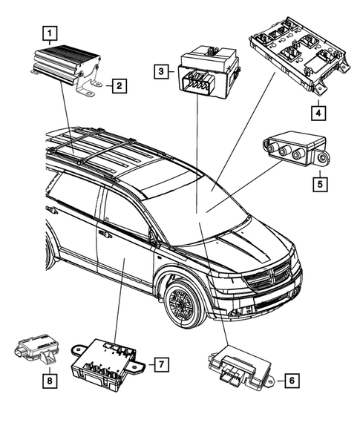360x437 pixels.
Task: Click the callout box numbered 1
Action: click(x=50, y=33)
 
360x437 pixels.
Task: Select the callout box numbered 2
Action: click(x=118, y=86)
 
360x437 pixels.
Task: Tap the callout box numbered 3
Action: click(x=161, y=72)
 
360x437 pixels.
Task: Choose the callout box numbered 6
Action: click(x=292, y=380)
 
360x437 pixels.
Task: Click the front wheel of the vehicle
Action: click(x=182, y=302)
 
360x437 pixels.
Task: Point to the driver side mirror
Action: click(x=154, y=236)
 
